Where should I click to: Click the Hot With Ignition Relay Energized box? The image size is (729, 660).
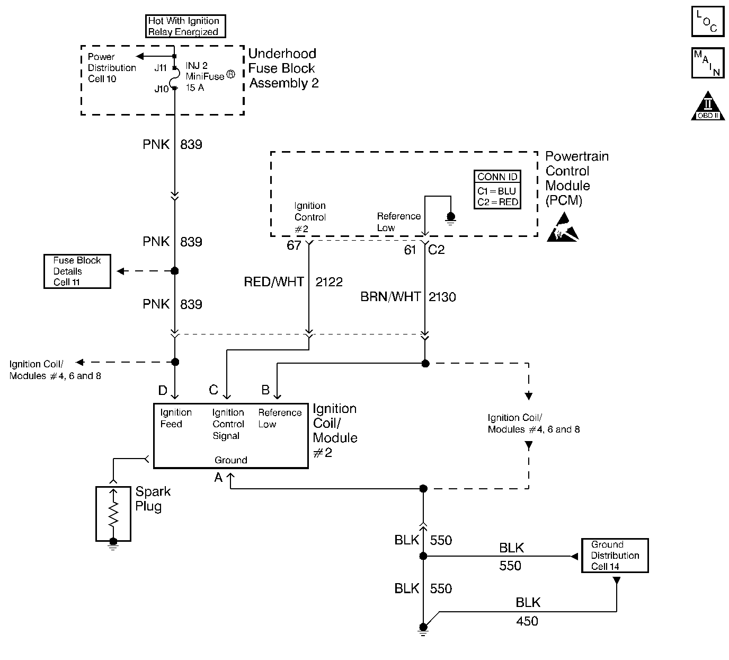coord(185,27)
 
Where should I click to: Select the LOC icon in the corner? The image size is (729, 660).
coord(707,22)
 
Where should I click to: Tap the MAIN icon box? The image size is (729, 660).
coord(707,63)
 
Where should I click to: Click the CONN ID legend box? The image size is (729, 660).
coord(497,190)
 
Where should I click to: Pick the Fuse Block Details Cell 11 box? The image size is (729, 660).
coord(77,271)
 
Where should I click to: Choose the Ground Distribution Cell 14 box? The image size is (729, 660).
coord(615,556)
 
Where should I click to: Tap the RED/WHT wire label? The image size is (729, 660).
coord(273,282)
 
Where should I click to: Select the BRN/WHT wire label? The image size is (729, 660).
coord(390,297)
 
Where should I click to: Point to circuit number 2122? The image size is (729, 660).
coord(329,282)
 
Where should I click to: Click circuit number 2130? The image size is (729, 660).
coord(442,297)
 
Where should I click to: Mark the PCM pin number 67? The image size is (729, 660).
coord(294,245)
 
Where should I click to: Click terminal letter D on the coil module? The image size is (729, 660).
coord(163,391)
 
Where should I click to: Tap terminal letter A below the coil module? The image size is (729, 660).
coord(218,478)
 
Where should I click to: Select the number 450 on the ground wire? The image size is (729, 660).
coord(527,621)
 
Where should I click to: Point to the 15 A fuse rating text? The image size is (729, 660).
coord(195,87)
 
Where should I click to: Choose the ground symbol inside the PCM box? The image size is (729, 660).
coord(451,217)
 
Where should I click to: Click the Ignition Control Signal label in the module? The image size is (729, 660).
coord(228,424)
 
